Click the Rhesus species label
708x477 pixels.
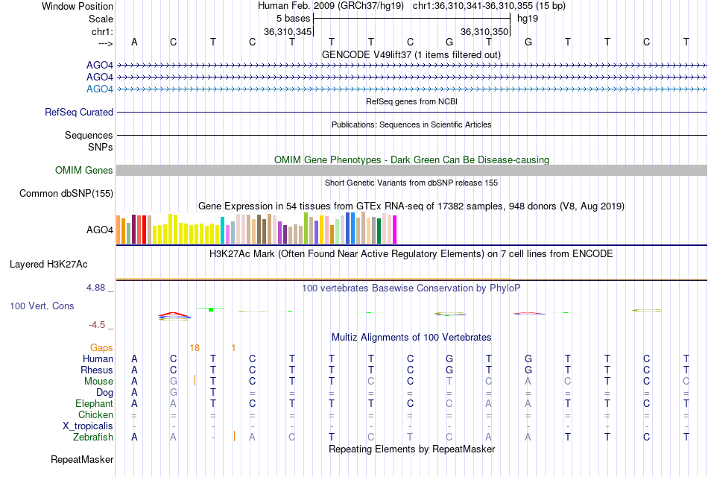coord(98,370)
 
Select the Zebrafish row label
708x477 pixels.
coord(94,437)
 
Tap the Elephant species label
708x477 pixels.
coord(94,403)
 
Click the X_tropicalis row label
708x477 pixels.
coord(88,426)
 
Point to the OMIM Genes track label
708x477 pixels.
coord(84,171)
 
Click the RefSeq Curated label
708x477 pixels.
coord(79,113)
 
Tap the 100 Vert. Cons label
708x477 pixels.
coord(42,306)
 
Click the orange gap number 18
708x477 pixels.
coord(195,347)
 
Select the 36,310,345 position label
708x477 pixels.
coord(288,32)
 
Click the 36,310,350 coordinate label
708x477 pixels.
coord(484,32)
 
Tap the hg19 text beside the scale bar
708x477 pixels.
coord(528,18)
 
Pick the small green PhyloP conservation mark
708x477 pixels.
coord(211,309)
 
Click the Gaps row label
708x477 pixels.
coord(101,347)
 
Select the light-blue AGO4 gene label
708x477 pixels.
coord(100,89)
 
